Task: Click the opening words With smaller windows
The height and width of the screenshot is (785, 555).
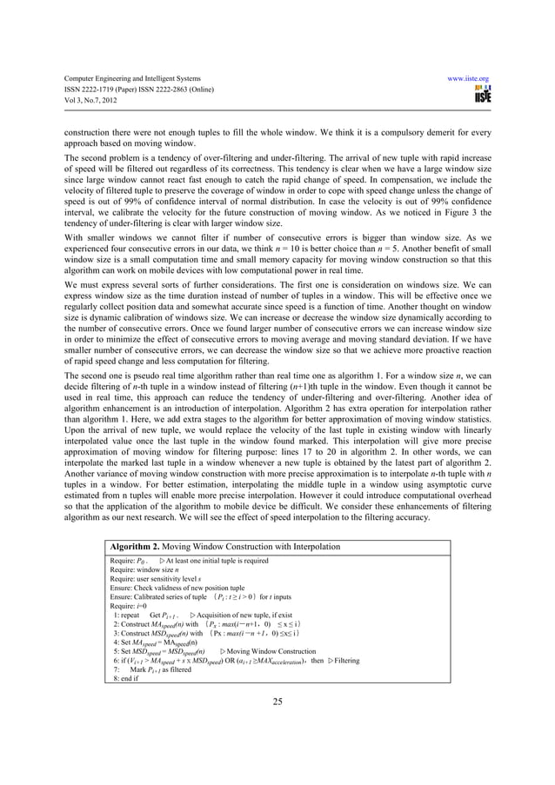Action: point(79,246)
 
